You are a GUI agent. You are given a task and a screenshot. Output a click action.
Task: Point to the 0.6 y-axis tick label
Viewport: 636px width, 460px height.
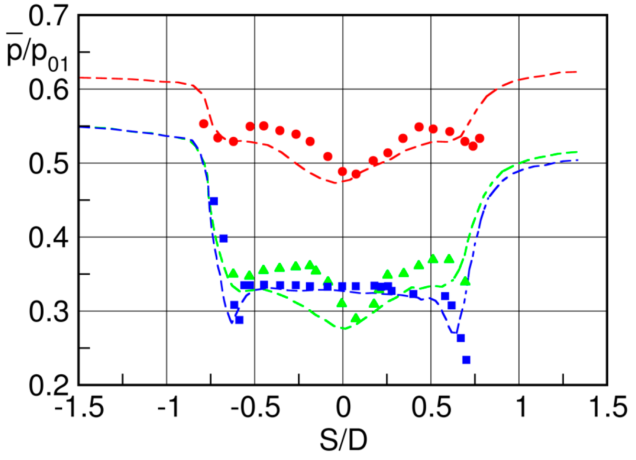point(48,90)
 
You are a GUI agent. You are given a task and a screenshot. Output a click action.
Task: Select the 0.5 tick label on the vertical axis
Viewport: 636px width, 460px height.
point(48,164)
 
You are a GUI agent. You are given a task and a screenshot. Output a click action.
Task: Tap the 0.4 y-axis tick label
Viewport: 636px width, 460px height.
point(48,237)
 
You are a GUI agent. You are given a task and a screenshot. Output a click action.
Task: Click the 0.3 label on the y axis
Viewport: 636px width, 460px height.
point(48,312)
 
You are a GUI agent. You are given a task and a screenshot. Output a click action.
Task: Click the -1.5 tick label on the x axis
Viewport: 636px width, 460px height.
point(79,408)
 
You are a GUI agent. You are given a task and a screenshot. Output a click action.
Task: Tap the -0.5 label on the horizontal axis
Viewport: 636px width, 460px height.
point(255,408)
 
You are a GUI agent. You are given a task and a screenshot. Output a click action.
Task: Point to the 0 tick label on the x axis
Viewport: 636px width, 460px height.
point(343,408)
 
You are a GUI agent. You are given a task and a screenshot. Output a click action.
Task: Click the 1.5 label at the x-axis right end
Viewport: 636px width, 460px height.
point(608,408)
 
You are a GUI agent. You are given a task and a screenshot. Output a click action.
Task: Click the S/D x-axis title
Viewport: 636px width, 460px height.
point(343,439)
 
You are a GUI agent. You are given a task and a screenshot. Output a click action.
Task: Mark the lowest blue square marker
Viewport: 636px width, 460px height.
point(466,359)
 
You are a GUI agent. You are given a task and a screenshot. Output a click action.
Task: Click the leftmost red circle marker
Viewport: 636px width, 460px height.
point(203,124)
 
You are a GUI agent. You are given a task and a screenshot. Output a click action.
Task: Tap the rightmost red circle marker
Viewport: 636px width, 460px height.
point(480,138)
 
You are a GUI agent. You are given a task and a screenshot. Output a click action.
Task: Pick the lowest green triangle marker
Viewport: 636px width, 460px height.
point(356,318)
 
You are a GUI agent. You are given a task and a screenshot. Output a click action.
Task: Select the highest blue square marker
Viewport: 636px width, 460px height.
point(214,201)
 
